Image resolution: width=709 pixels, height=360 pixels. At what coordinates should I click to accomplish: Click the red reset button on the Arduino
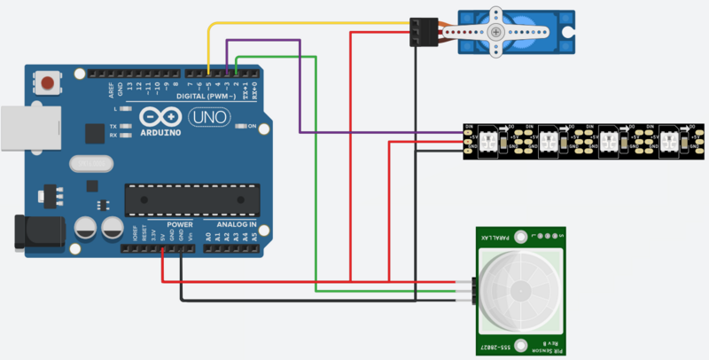49,83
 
